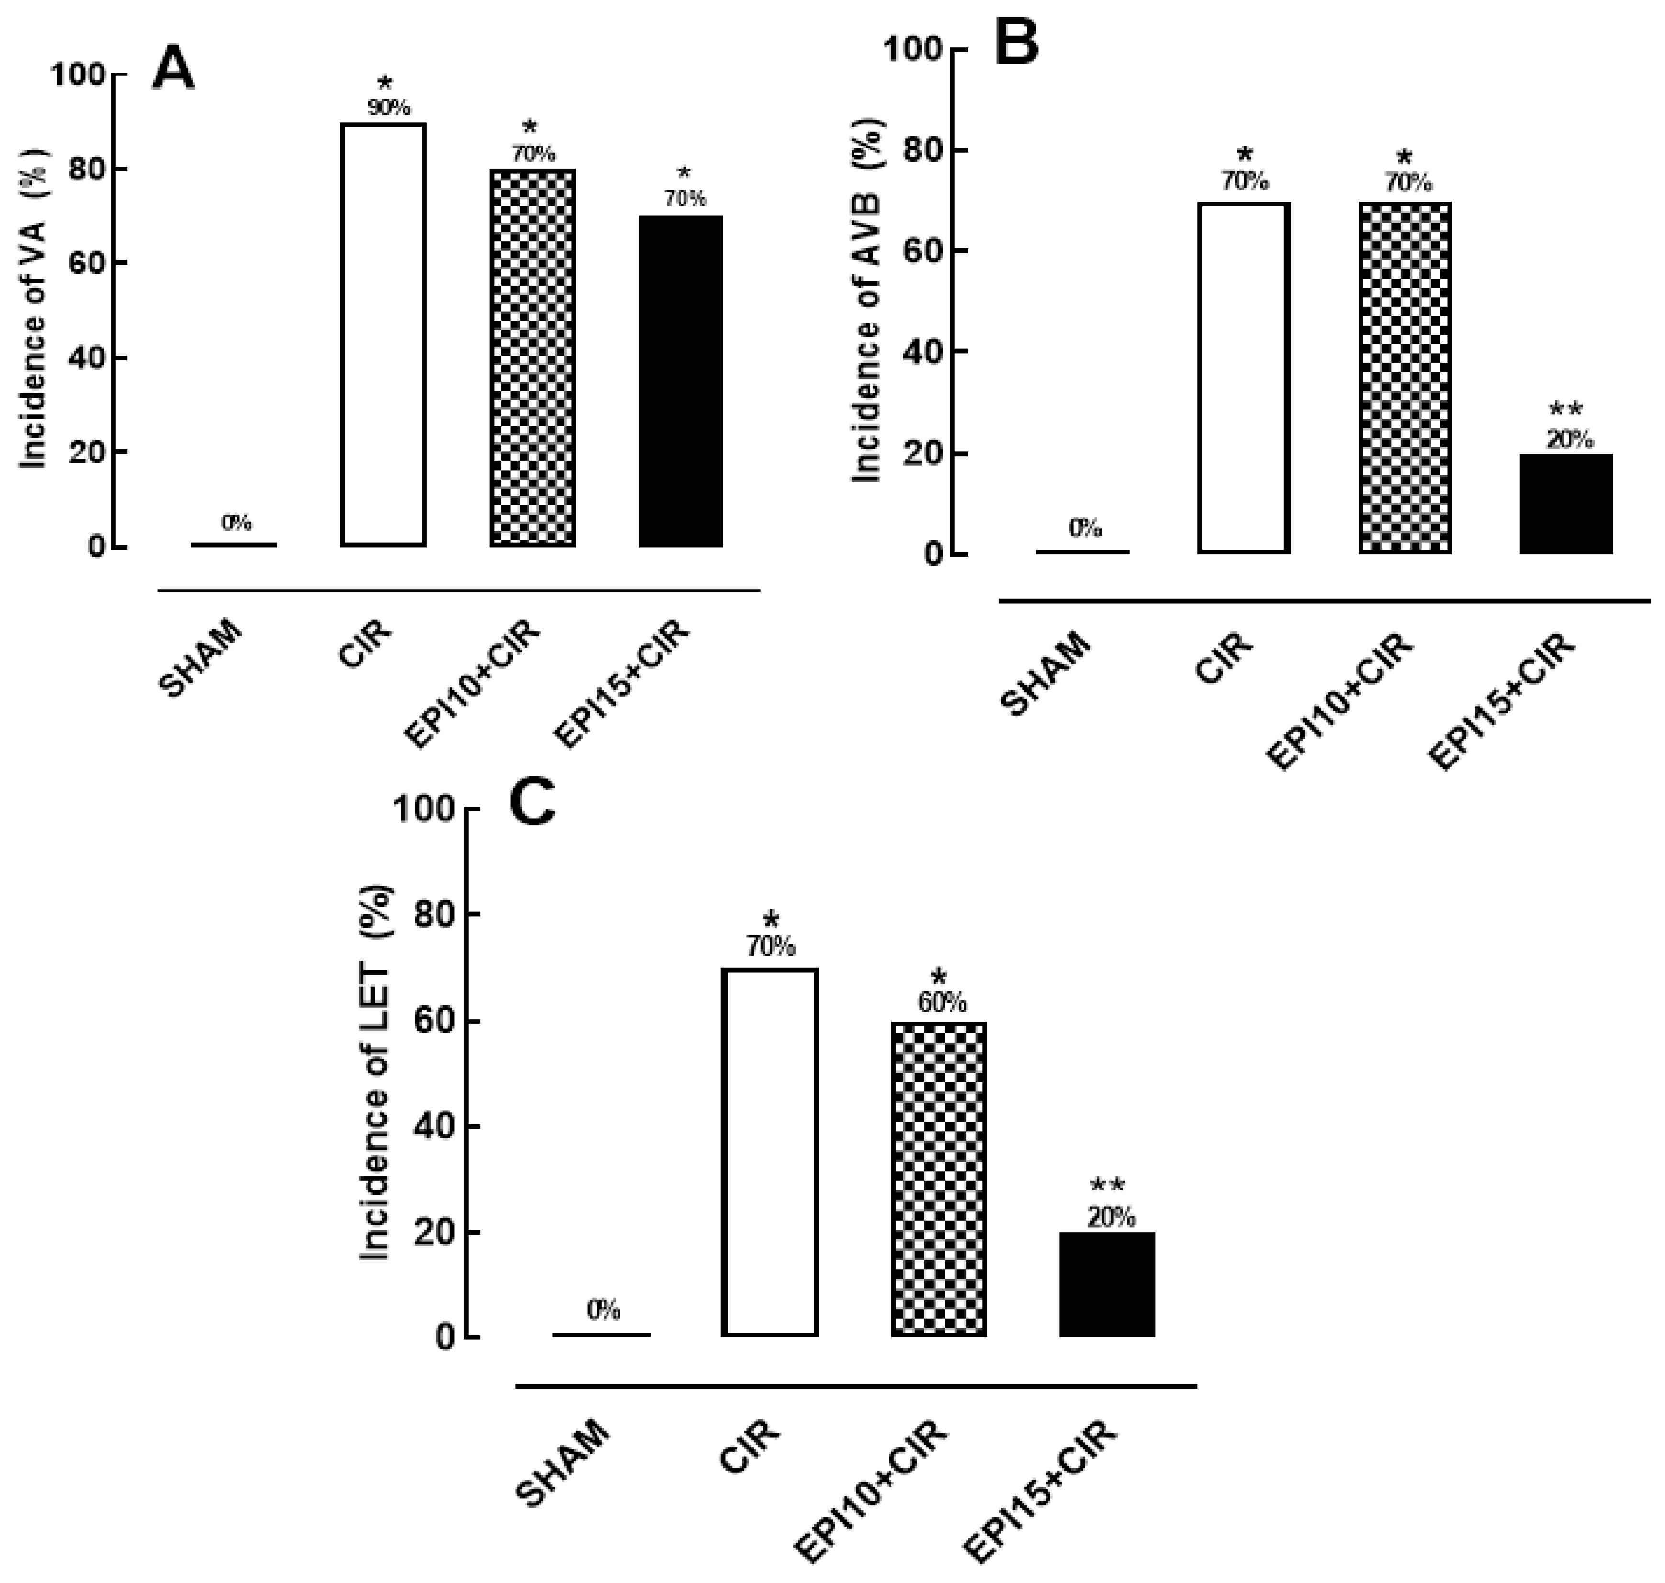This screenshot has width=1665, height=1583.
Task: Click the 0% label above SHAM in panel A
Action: (236, 523)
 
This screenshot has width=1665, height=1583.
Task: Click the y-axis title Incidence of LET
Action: (375, 1073)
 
